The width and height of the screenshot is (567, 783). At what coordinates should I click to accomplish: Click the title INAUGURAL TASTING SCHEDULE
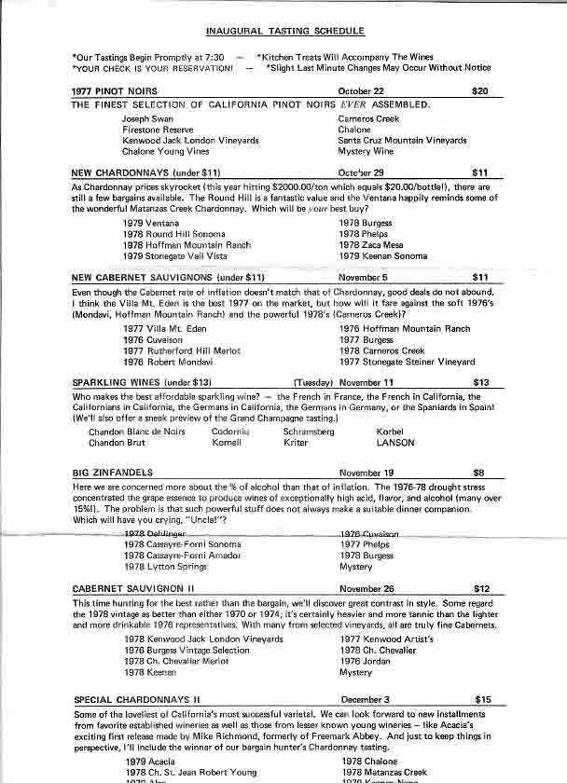(283, 30)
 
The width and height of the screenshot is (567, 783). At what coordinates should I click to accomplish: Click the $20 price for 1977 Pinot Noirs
(480, 91)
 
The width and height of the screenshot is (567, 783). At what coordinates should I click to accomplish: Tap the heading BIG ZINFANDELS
(111, 474)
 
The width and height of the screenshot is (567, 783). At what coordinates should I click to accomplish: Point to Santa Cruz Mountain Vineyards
(402, 140)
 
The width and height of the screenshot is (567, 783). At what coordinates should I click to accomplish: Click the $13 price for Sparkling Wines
(481, 382)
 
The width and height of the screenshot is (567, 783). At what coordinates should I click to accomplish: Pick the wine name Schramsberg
(308, 433)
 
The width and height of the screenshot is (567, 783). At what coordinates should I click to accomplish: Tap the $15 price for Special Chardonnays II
(482, 698)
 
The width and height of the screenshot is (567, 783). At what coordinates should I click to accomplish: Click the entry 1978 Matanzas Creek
(384, 773)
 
